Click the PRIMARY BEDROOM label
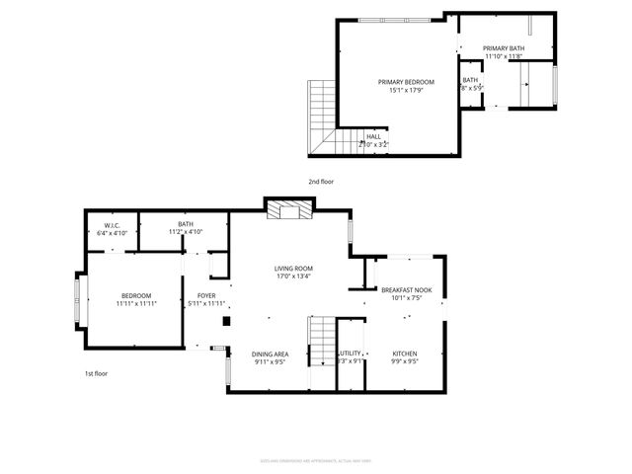pyautogui.click(x=406, y=82)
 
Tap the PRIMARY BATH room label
pyautogui.click(x=503, y=48)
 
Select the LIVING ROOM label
pyautogui.click(x=293, y=269)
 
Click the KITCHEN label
pyautogui.click(x=406, y=354)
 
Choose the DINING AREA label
pyautogui.click(x=270, y=354)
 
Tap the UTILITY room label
pyautogui.click(x=350, y=354)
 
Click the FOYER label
pyautogui.click(x=206, y=295)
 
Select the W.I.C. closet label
pyautogui.click(x=111, y=225)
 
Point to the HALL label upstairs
pyautogui.click(x=373, y=137)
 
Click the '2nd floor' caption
pyautogui.click(x=321, y=182)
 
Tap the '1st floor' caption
pyautogui.click(x=96, y=373)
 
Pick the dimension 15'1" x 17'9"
pyautogui.click(x=406, y=91)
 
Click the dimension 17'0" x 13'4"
pyautogui.click(x=293, y=276)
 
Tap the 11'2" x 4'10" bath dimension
pyautogui.click(x=186, y=232)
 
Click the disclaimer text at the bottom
pyautogui.click(x=315, y=460)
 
